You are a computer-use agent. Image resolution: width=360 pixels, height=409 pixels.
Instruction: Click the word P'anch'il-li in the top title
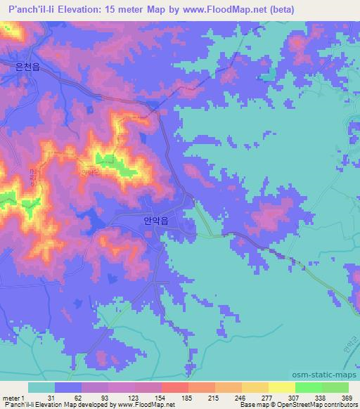coord(30,9)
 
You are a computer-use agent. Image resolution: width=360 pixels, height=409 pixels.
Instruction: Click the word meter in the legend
coord(10,397)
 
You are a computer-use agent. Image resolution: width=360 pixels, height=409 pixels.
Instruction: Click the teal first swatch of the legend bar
coord(41,387)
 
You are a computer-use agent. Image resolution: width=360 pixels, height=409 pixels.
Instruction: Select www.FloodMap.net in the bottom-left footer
coord(147,405)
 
